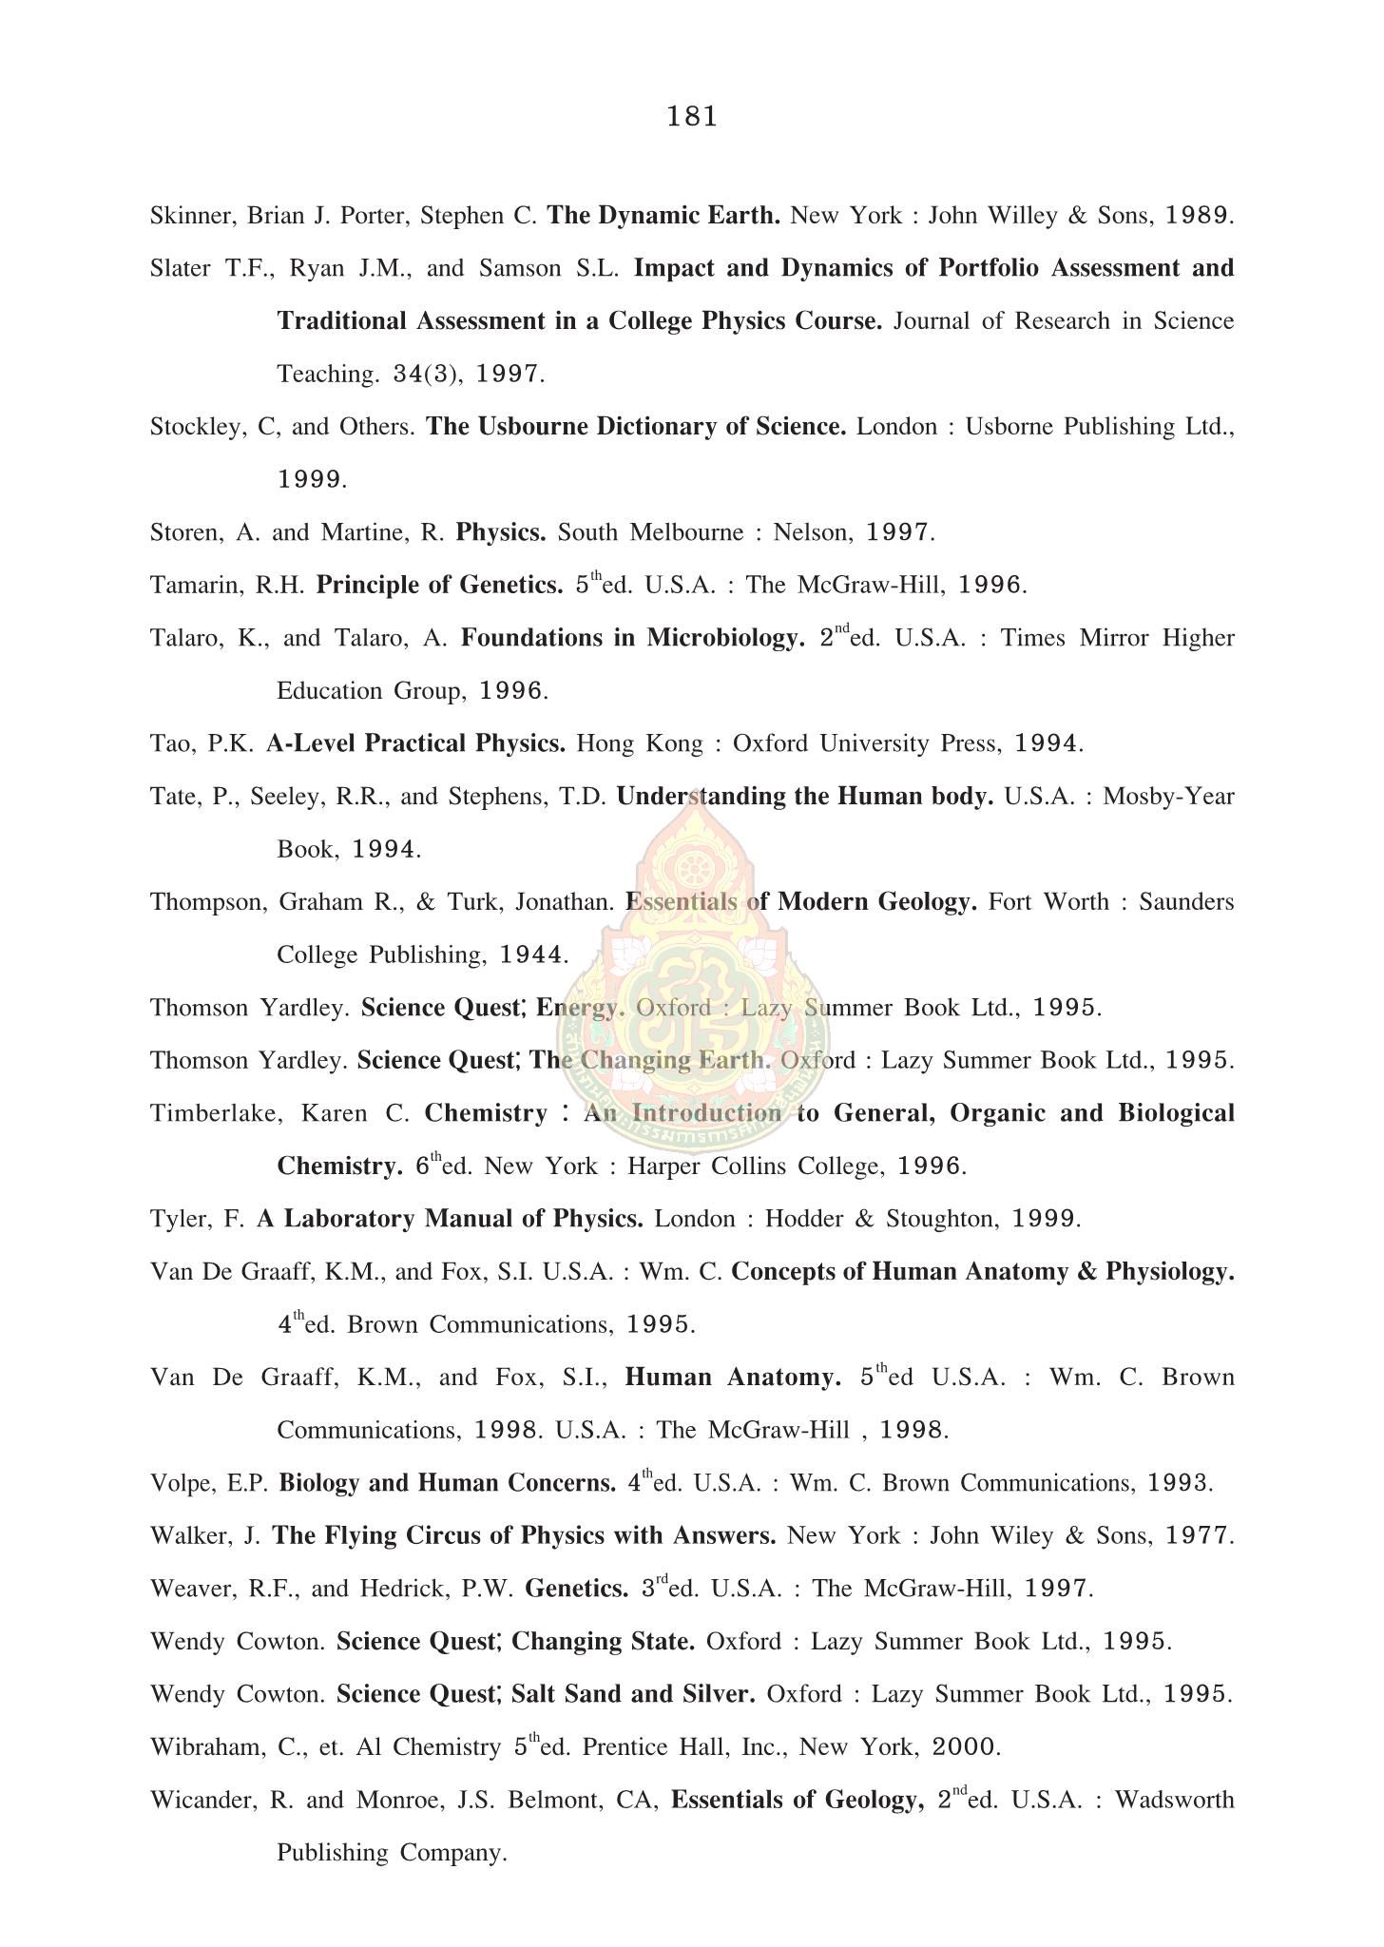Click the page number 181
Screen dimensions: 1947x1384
(691, 117)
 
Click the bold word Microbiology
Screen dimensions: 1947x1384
(726, 638)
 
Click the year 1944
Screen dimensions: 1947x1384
(532, 954)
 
